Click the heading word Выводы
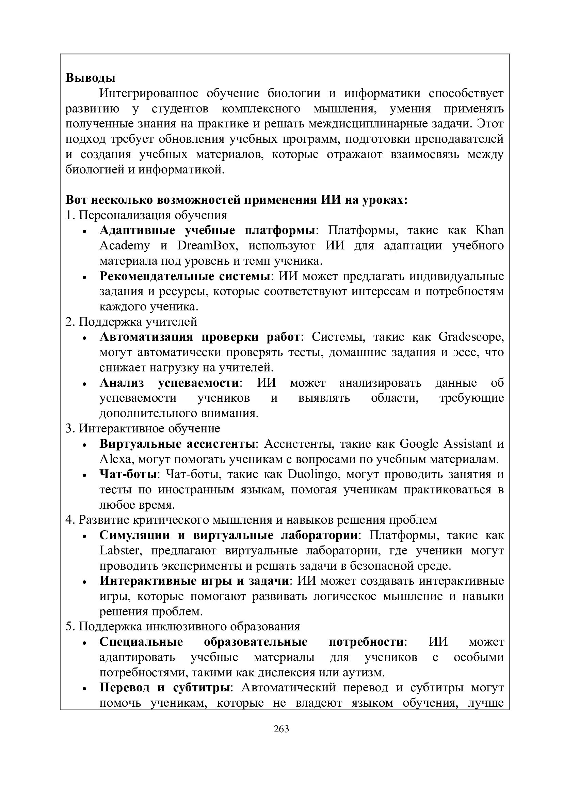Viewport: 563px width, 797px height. point(90,78)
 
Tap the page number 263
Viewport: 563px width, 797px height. point(281,729)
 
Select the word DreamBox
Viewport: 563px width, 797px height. point(208,246)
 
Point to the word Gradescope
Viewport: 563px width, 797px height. point(471,337)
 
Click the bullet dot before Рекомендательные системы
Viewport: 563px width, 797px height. point(85,278)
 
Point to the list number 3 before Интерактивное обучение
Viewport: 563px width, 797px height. point(69,429)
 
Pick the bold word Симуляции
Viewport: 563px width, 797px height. point(134,536)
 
